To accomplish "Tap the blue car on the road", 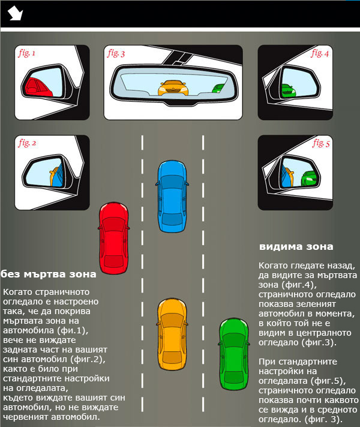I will (172, 196).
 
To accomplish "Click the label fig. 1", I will (26, 53).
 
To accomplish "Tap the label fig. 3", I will (116, 53).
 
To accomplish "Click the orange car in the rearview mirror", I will (173, 88).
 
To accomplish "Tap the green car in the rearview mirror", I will (218, 89).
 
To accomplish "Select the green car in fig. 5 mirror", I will (310, 179).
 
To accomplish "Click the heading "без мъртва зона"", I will (48, 274).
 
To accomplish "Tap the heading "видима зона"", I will (296, 247).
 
